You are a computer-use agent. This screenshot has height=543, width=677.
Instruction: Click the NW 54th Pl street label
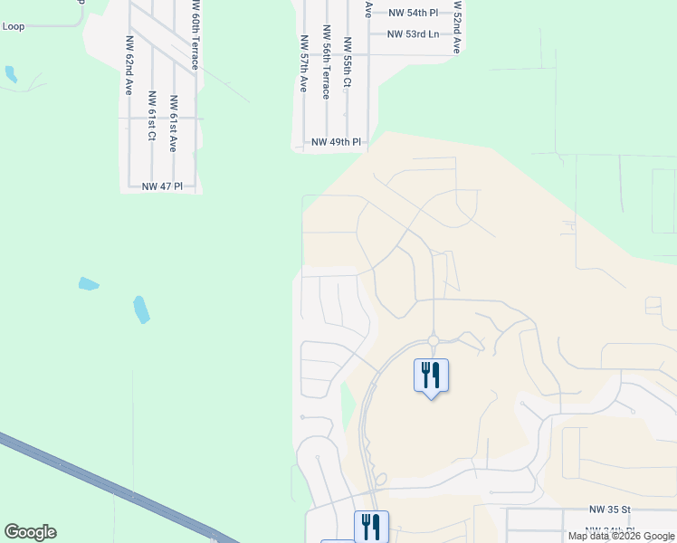413,13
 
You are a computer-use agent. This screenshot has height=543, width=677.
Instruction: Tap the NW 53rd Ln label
413,34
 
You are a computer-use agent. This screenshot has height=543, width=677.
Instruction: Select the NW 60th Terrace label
195,34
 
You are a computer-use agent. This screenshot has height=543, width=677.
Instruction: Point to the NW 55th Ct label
348,62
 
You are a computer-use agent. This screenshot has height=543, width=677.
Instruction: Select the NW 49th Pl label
336,142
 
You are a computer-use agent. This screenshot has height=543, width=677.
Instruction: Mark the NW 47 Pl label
162,186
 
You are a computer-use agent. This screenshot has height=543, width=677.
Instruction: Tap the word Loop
14,26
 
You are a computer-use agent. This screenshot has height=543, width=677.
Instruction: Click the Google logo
30,532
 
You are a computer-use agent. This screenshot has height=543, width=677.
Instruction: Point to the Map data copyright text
621,536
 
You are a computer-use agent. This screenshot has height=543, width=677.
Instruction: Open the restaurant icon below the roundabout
431,375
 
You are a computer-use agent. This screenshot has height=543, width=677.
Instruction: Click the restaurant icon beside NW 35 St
371,526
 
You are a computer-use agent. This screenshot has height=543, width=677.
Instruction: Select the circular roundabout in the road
434,341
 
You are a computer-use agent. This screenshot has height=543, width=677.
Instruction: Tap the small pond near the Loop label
11,74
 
